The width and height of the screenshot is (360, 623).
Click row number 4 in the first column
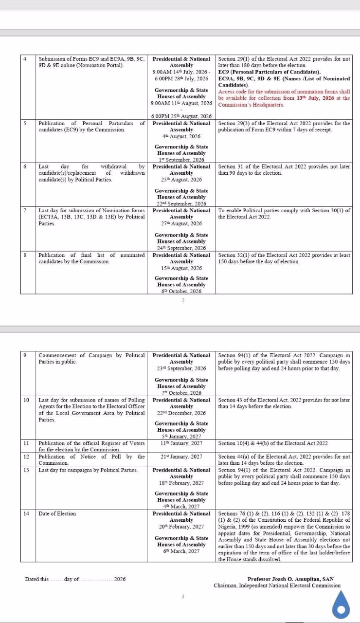point(25,59)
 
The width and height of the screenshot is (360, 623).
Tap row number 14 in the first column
point(26,513)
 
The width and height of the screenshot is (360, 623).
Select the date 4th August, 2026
point(181,136)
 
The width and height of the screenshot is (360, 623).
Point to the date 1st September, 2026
point(181,160)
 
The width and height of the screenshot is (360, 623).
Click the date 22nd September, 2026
point(181,204)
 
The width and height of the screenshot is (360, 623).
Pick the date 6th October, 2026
point(181,291)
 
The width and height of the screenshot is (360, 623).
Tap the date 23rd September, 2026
point(181,368)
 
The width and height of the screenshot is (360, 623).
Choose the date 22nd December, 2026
point(181,413)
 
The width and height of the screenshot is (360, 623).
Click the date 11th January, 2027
point(181,443)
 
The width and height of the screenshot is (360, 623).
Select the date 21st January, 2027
point(181,457)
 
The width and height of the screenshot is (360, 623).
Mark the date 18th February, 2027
point(181,483)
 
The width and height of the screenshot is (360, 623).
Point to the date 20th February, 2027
point(181,527)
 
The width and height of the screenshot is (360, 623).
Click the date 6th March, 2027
point(181,551)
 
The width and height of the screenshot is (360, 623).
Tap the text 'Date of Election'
point(57,513)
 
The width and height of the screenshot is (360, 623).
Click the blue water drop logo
point(341,604)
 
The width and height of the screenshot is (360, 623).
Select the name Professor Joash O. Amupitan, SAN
point(294,579)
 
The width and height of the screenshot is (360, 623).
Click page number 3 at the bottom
point(183,596)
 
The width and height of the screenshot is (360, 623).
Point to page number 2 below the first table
point(183,300)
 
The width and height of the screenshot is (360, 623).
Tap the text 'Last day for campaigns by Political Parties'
point(88,470)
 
